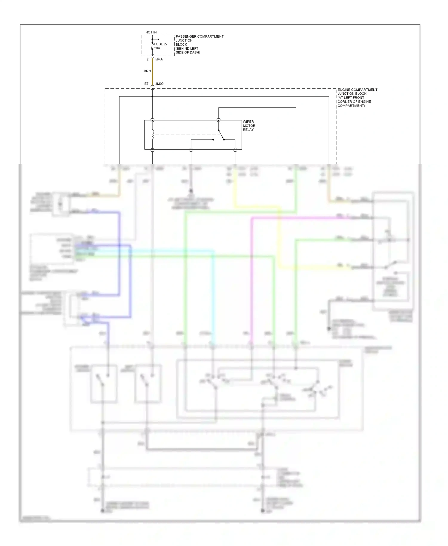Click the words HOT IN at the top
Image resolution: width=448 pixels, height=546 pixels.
151,32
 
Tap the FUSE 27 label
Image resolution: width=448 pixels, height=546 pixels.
161,44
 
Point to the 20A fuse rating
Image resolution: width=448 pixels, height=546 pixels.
157,48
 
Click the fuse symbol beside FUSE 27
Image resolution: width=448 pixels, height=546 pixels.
152,46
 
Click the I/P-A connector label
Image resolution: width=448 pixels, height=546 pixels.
159,59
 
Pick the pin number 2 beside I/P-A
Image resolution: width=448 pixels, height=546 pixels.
148,59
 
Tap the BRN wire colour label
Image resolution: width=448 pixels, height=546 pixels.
147,71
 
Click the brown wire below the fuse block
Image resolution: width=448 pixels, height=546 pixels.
152,72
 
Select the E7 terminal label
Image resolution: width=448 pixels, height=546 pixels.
146,84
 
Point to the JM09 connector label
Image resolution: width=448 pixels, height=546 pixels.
159,84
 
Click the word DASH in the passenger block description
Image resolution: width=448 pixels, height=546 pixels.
194,53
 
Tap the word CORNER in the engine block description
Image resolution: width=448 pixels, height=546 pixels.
344,102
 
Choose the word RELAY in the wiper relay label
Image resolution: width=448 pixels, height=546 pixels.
248,130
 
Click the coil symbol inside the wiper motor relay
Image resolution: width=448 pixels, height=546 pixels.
153,134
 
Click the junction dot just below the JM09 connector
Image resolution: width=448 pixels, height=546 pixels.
152,96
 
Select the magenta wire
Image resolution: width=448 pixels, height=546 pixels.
252,269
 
